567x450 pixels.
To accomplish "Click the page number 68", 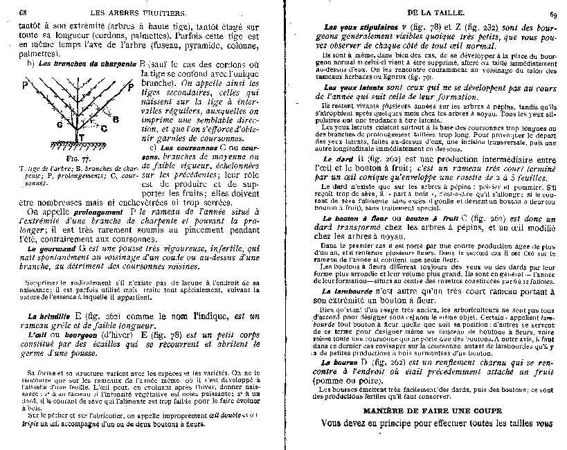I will click(23, 12).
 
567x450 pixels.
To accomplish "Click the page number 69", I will click(553, 13).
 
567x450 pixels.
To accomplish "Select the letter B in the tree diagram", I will click(116, 119).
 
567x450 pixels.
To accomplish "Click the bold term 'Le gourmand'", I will click(50, 247).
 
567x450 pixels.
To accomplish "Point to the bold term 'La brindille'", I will click(49, 315).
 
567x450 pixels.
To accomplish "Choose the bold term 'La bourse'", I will click(333, 362).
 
